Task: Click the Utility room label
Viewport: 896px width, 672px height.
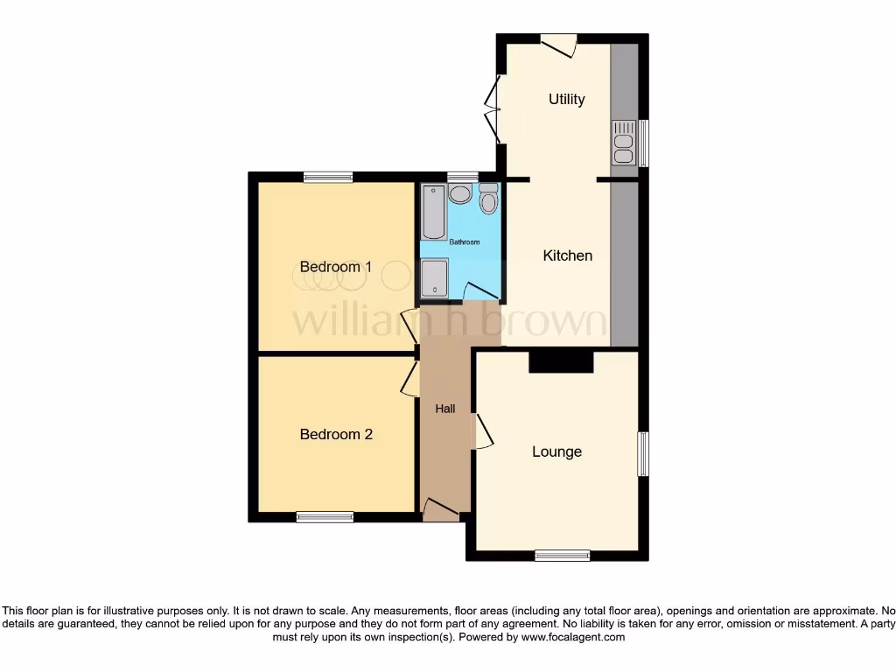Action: pos(566,99)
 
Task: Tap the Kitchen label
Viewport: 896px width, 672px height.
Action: pos(568,255)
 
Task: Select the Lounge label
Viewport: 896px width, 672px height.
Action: pos(557,451)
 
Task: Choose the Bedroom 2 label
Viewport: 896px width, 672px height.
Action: pos(336,434)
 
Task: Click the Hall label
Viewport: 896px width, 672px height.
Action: pos(446,409)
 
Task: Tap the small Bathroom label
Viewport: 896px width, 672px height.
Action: pos(465,241)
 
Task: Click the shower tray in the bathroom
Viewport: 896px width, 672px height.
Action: pos(434,279)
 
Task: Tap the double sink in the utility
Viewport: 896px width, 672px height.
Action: pos(624,143)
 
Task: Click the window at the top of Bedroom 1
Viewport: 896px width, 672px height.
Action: pos(329,177)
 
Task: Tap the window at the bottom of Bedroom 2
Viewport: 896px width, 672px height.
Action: pos(325,517)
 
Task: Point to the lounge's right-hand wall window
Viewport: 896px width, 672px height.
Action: pos(643,453)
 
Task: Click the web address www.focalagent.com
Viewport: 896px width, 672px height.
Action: pos(572,638)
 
